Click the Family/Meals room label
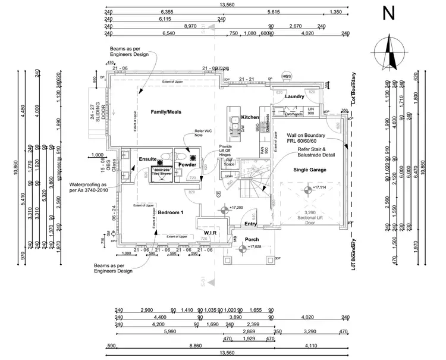pos(166,112)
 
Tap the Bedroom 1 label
pos(170,212)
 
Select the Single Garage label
pos(309,170)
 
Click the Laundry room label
pos(294,96)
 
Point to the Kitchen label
pos(250,117)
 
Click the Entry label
pos(250,224)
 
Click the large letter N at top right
pos(390,14)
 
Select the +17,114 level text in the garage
pos(319,187)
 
